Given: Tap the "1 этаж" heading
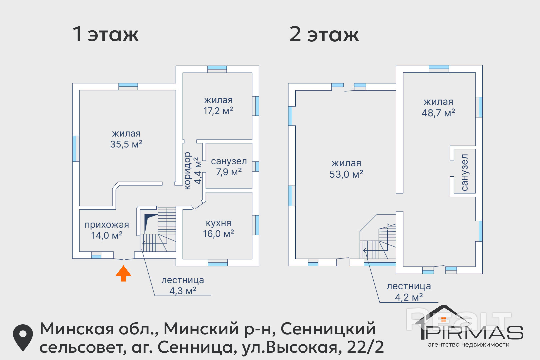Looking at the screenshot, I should [105, 34].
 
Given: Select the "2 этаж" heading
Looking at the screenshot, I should [324, 34].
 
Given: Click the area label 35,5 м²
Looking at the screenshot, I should [126, 144].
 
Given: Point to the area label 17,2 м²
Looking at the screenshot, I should [218, 111].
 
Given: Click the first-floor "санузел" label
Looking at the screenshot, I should [229, 161].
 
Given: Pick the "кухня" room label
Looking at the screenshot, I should [219, 223].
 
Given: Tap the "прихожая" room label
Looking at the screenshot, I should [107, 225].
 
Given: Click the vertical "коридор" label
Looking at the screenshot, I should [187, 171].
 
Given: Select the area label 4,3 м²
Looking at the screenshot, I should [183, 291].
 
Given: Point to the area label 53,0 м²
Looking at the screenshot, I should [346, 174].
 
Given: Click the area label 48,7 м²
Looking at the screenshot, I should [438, 113].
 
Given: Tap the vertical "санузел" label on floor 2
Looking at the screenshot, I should [464, 172].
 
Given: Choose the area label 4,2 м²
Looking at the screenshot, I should [409, 297].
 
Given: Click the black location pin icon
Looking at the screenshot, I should [23, 337].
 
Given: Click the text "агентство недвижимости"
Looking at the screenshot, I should [469, 345].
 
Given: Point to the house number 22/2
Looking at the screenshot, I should [365, 347].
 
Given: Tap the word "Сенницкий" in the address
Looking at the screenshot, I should [328, 329].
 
